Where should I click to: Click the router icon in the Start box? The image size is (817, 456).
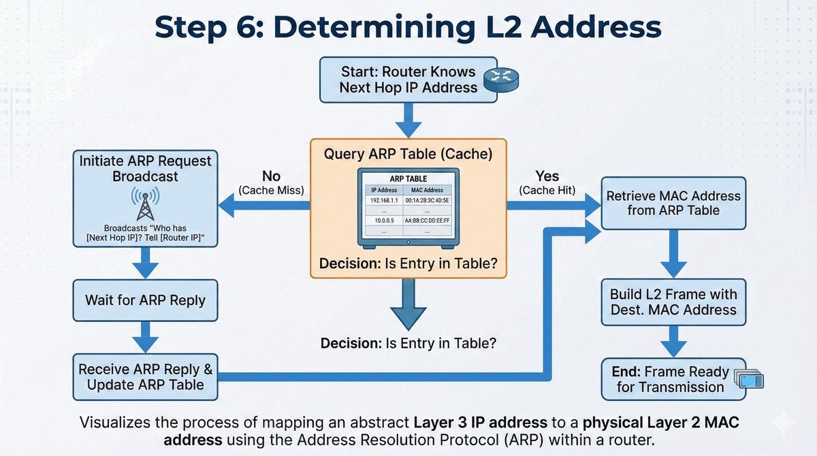coord(500,81)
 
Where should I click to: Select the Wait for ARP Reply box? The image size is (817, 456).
coord(144,299)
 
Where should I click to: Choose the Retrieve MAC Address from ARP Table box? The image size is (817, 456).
coord(673,203)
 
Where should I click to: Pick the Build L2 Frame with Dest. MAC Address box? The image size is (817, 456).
coord(673,302)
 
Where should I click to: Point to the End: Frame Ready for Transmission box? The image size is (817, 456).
coord(673,378)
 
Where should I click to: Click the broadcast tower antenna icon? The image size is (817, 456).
coord(144,203)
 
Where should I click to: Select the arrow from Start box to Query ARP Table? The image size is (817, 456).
coord(408,120)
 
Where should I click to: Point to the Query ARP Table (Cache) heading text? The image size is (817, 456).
coord(408,154)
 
